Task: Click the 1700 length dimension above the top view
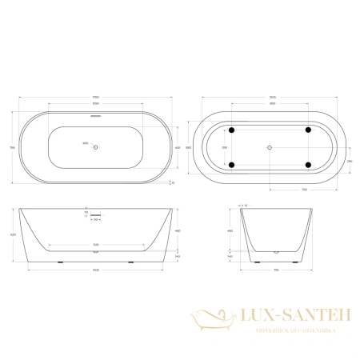click(94, 97)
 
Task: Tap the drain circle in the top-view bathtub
click(94, 146)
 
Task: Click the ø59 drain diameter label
click(85, 145)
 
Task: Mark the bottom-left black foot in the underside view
click(231, 165)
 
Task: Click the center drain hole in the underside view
click(270, 147)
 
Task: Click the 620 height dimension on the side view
click(11, 234)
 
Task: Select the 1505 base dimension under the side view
click(94, 273)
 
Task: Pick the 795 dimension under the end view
click(274, 273)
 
